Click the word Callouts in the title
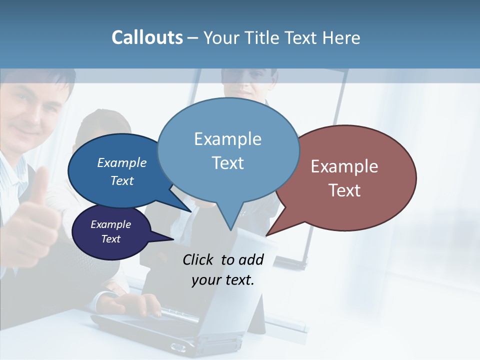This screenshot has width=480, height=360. (147, 37)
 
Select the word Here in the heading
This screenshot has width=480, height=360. (340, 37)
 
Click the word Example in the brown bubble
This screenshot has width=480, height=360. (344, 166)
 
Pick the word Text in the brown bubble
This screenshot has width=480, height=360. (344, 190)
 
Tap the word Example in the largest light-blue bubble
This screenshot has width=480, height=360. (227, 139)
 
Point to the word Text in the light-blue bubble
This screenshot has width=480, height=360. (227, 163)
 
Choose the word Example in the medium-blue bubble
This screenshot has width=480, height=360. (122, 162)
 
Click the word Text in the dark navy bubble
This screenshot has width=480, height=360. (110, 239)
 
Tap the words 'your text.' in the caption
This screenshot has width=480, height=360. (222, 280)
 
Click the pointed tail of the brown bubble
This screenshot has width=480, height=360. (267, 234)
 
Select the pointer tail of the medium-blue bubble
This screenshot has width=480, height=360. (190, 211)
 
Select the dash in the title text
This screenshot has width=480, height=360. (193, 38)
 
